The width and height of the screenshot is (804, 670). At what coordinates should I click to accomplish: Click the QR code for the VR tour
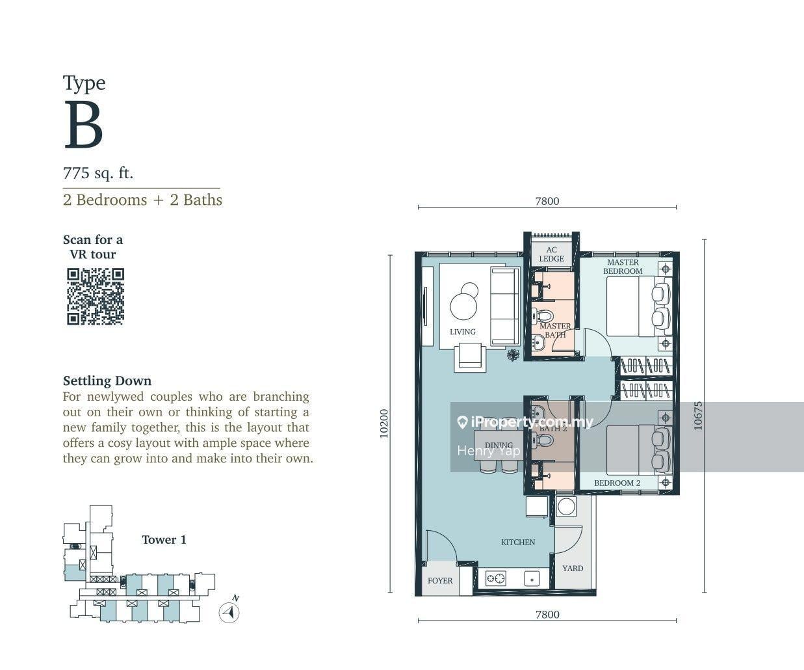pyautogui.click(x=96, y=297)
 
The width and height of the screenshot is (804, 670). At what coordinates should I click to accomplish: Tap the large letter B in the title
pyautogui.click(x=84, y=124)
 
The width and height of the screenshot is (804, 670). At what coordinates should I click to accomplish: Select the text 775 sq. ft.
pyautogui.click(x=97, y=173)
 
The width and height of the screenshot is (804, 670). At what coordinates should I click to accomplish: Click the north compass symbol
pyautogui.click(x=229, y=612)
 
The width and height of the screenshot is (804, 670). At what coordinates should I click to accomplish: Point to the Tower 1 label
pyautogui.click(x=164, y=540)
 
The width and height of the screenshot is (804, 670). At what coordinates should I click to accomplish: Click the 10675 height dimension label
pyautogui.click(x=697, y=416)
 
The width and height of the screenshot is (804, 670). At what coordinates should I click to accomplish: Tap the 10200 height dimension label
pyautogui.click(x=384, y=423)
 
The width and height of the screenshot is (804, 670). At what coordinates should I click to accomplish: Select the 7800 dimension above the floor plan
pyautogui.click(x=547, y=201)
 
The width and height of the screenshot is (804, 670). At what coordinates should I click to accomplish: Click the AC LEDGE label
pyautogui.click(x=551, y=254)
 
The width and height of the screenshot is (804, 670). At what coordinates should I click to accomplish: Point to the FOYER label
pyautogui.click(x=440, y=581)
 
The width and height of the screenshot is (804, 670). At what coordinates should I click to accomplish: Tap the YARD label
pyautogui.click(x=573, y=569)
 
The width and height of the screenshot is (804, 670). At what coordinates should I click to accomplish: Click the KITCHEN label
pyautogui.click(x=518, y=543)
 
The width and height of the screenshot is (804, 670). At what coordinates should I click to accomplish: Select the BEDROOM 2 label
pyautogui.click(x=617, y=483)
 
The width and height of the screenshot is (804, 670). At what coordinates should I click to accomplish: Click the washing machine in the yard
pyautogui.click(x=566, y=506)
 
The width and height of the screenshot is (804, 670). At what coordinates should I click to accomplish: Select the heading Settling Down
pyautogui.click(x=107, y=381)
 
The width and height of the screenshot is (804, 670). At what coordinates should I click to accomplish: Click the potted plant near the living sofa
pyautogui.click(x=513, y=355)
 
